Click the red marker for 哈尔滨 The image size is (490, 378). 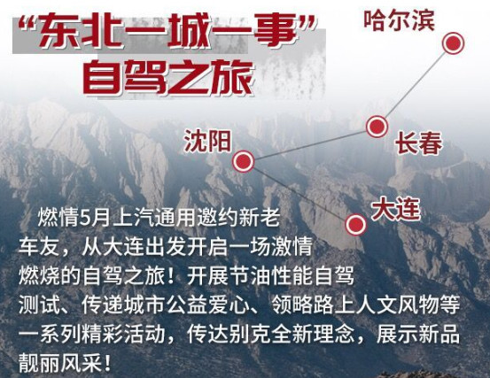pyautogui.click(x=453, y=43)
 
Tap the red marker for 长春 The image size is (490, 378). pyautogui.click(x=377, y=127)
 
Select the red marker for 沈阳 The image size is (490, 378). pyautogui.click(x=244, y=161)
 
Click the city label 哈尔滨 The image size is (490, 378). pyautogui.click(x=400, y=20)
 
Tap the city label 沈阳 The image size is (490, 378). pyautogui.click(x=206, y=140)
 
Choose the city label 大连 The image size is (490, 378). pyautogui.click(x=393, y=210)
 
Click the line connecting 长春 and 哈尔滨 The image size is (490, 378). pyautogui.click(x=415, y=85)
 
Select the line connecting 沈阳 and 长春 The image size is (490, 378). pyautogui.click(x=310, y=144)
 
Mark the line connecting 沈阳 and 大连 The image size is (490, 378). pyautogui.click(x=299, y=192)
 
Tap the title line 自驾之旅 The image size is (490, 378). pyautogui.click(x=167, y=77)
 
